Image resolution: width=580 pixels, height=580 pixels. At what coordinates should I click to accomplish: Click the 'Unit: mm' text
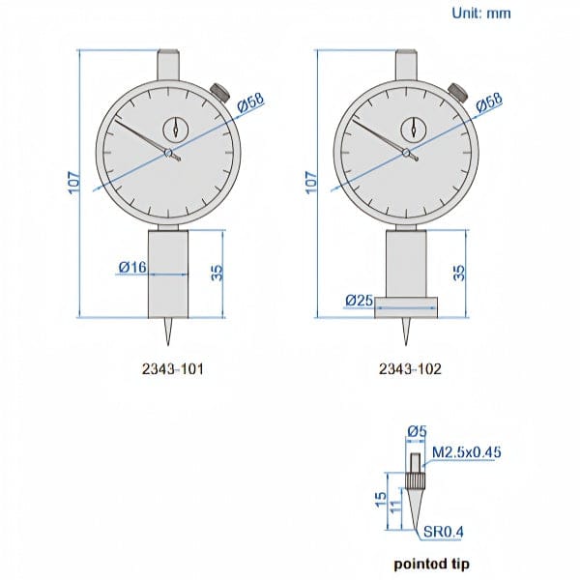click(x=481, y=14)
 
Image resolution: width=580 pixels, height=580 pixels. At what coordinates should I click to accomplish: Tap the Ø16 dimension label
click(x=132, y=266)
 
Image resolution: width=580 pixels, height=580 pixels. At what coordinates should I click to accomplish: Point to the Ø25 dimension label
click(x=359, y=301)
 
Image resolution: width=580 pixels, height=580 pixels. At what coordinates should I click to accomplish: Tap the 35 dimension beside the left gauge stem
click(x=217, y=274)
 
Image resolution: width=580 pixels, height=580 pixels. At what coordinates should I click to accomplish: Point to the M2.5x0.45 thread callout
click(x=467, y=452)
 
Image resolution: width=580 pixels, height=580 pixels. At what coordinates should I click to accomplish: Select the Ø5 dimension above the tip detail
click(x=417, y=432)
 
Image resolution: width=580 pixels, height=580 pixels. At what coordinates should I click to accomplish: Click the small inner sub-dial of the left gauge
click(x=177, y=128)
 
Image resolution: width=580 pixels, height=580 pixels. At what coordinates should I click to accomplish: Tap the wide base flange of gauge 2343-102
click(x=407, y=308)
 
